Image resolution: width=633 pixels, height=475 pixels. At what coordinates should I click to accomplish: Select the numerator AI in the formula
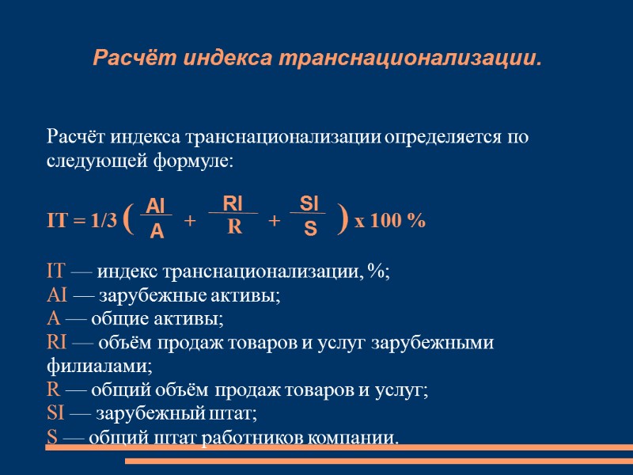pos(157,207)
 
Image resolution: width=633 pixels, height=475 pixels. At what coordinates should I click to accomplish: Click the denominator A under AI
pos(157,230)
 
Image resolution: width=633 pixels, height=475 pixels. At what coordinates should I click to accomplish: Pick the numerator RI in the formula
pos(233,203)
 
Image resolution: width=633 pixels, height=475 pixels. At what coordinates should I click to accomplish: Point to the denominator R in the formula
pos(233,227)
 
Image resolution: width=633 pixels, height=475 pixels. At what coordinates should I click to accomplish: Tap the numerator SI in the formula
pos(309,204)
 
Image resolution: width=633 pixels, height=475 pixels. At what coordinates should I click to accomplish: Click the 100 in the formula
pos(387,221)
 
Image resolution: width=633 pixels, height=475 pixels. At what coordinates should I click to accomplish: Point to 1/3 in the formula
pos(103,221)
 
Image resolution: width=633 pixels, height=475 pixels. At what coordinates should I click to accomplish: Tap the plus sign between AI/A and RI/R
pos(189,221)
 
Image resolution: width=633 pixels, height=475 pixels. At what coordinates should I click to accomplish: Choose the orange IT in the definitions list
pos(58,272)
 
